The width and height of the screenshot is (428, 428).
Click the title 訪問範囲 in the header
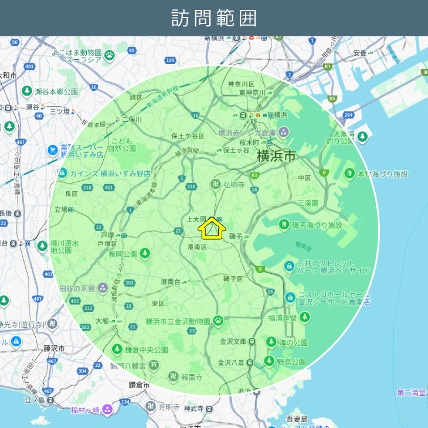(x=214, y=18)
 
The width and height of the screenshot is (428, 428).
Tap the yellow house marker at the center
(x=212, y=229)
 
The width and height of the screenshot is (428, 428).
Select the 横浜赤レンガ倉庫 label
(x=248, y=132)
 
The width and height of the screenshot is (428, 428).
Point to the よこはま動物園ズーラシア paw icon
(x=110, y=55)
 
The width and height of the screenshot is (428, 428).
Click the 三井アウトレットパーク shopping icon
(x=289, y=267)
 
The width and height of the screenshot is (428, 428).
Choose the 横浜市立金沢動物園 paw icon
(x=218, y=321)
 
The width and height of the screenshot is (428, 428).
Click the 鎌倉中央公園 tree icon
(x=116, y=349)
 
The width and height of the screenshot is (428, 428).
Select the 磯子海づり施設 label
(x=317, y=225)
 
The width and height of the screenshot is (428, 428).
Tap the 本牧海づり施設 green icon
(x=350, y=174)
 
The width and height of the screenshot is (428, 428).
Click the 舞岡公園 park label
(x=123, y=254)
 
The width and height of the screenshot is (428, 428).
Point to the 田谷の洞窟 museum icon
(x=103, y=288)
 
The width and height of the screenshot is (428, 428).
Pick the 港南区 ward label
(x=197, y=247)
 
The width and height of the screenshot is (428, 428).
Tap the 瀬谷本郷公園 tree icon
(x=27, y=91)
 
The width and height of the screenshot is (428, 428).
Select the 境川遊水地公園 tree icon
(x=42, y=246)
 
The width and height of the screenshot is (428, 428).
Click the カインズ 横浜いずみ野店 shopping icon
(x=62, y=174)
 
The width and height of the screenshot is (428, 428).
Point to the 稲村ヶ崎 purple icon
(x=107, y=410)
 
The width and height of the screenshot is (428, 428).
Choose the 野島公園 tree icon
(x=269, y=361)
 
